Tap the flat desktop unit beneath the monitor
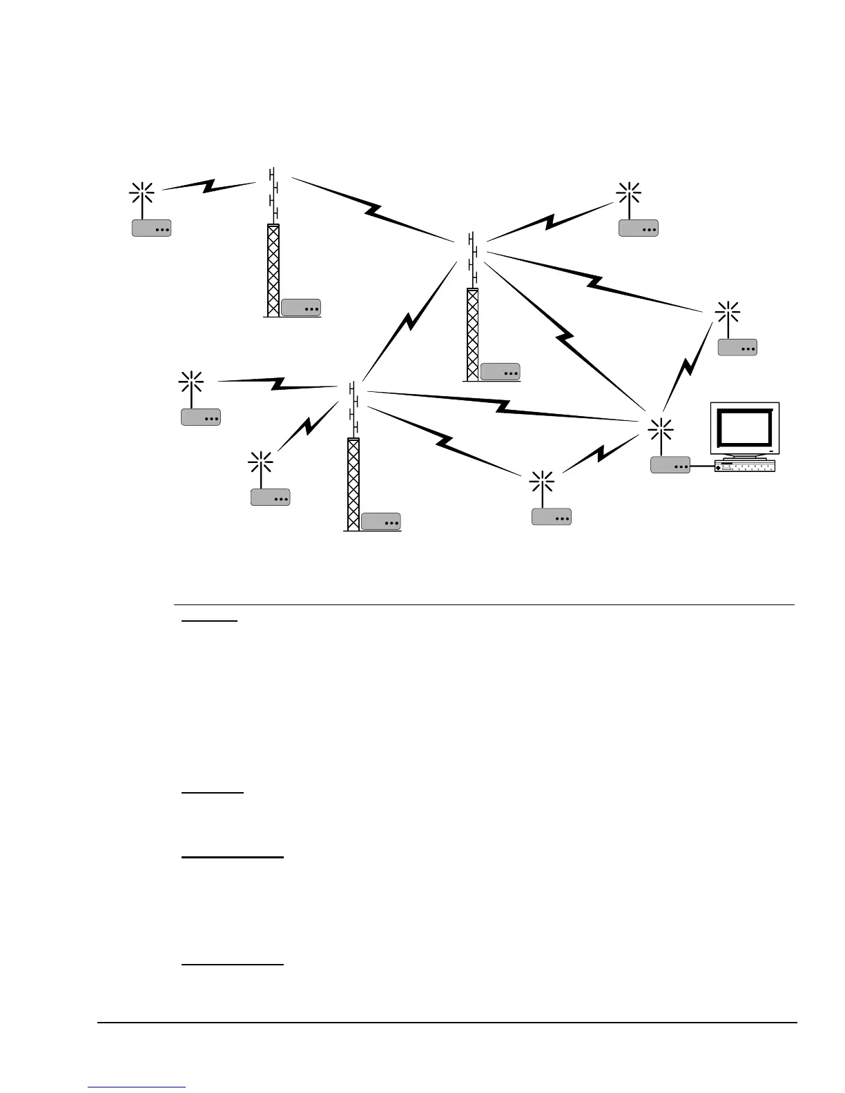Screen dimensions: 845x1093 coord(746,466)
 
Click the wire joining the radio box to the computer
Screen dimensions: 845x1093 coord(702,466)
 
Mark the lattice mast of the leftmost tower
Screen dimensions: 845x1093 coord(273,270)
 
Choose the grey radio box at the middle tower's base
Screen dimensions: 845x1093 coord(500,371)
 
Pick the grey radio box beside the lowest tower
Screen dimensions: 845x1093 coord(380,522)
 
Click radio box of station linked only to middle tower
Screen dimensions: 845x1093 coord(638,228)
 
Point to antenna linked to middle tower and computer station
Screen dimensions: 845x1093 coord(727,313)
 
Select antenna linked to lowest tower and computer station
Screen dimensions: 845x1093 coord(542,482)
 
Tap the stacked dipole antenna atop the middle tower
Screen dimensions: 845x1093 coord(474,259)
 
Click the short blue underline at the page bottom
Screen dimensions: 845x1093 coord(137,1087)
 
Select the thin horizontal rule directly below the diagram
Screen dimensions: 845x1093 coord(483,605)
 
